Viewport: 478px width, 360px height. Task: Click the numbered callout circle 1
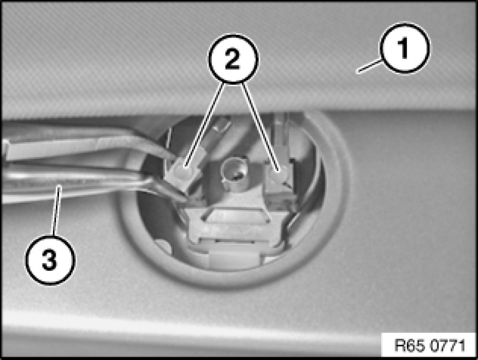(x=404, y=48)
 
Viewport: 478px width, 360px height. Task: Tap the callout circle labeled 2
(x=233, y=58)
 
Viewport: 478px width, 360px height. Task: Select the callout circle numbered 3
(x=50, y=259)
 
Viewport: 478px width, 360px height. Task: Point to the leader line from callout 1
(x=369, y=67)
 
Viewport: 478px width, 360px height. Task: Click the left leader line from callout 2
(x=205, y=125)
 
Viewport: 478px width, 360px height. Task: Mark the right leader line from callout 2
(x=260, y=126)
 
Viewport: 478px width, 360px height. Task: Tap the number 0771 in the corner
(x=447, y=345)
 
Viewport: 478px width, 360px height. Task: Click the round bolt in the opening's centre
(x=234, y=172)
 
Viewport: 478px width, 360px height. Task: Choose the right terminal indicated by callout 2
(x=279, y=174)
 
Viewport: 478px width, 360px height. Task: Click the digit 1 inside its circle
(x=404, y=49)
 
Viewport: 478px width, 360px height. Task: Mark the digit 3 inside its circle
(x=49, y=259)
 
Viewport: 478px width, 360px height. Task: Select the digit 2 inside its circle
(x=233, y=58)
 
